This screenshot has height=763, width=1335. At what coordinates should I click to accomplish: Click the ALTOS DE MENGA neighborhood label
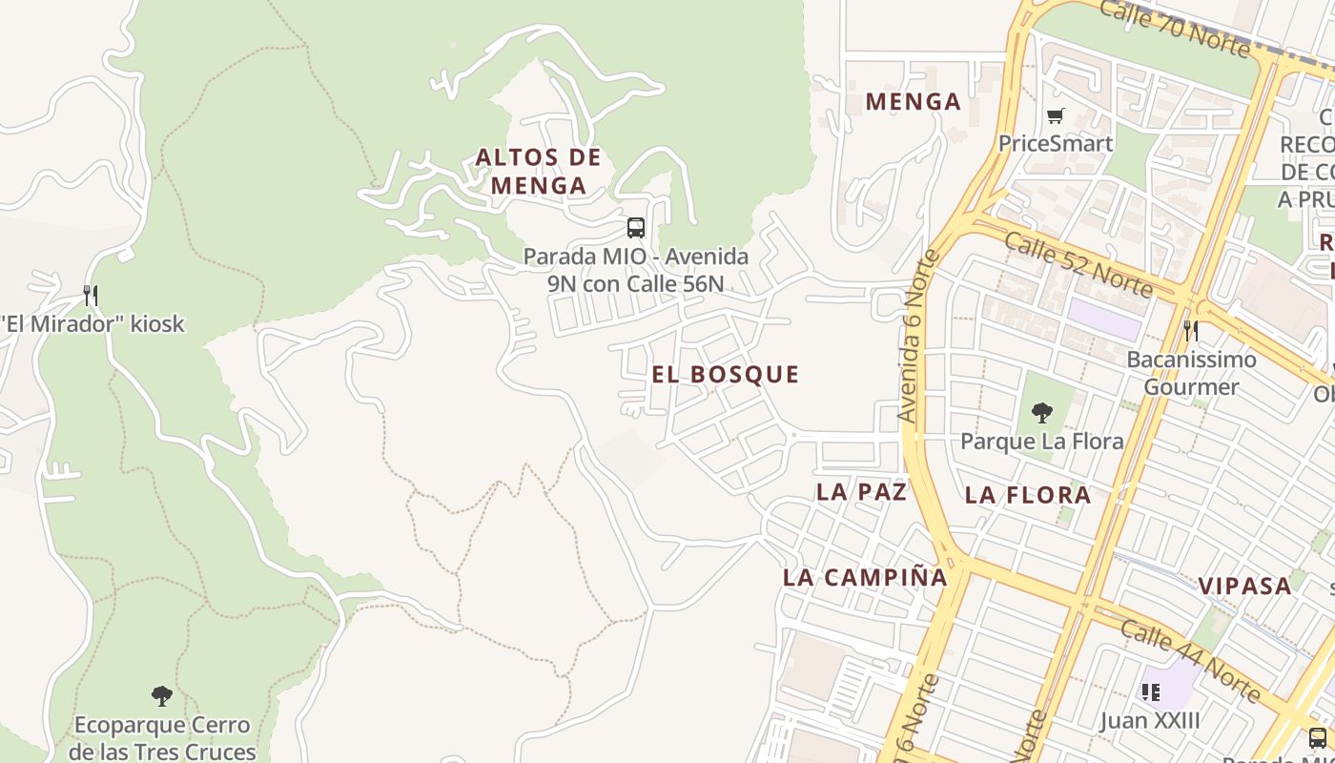(x=538, y=171)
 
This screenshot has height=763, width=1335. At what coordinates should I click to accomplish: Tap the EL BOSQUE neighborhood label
(x=726, y=374)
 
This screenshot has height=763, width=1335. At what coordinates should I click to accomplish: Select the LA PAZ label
(x=861, y=491)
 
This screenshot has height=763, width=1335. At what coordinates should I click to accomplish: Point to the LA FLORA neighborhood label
(x=1028, y=494)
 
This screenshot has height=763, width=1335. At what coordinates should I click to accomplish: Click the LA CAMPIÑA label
(x=865, y=577)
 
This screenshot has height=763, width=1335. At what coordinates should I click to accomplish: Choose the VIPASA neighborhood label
(x=1244, y=586)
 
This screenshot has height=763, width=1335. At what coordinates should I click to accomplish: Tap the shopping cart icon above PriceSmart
(x=1055, y=116)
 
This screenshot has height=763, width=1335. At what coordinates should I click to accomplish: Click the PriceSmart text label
(x=1055, y=143)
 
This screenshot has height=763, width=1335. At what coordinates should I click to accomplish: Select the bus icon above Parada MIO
(x=636, y=228)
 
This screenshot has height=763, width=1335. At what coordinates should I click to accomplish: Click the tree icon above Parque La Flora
(x=1042, y=413)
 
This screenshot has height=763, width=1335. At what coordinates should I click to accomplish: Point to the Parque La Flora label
(x=1041, y=441)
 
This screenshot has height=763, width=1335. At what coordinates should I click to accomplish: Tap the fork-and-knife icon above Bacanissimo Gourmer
(x=1191, y=331)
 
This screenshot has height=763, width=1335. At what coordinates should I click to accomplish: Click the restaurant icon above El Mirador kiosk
(x=91, y=295)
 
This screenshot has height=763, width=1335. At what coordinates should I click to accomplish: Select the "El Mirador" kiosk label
(x=92, y=323)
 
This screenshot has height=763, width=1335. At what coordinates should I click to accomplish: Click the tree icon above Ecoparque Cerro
(x=162, y=696)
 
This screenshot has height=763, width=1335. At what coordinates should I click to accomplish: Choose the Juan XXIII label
(x=1150, y=719)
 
